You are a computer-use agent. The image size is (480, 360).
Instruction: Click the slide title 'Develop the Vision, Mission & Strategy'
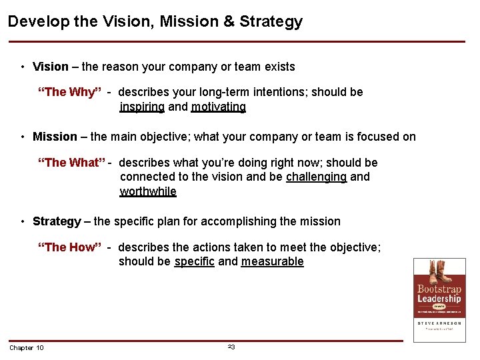(155, 21)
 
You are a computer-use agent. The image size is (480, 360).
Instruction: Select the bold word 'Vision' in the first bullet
(51, 67)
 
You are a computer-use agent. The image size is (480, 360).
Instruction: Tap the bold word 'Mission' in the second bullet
(55, 137)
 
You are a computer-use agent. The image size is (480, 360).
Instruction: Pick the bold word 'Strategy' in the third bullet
(57, 221)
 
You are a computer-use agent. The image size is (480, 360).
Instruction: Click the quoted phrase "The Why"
(69, 92)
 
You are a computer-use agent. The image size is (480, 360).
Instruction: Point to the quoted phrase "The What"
(73, 163)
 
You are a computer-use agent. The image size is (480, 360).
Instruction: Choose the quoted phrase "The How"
(69, 247)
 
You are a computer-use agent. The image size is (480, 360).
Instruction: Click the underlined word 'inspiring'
(142, 107)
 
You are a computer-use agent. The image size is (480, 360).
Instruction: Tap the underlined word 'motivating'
(219, 107)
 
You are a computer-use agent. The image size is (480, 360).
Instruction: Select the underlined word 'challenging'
(316, 177)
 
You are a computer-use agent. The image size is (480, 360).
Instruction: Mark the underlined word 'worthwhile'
(148, 191)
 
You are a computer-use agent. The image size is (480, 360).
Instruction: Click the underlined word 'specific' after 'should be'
(194, 261)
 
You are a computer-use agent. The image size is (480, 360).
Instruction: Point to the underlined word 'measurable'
(272, 261)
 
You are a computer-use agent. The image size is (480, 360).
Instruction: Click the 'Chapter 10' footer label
(27, 348)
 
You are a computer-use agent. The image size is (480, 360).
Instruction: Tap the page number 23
(231, 347)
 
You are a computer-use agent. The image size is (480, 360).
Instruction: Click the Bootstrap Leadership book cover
(439, 300)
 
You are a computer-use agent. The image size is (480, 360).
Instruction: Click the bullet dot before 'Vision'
(23, 67)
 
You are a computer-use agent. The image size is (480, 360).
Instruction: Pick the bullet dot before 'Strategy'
(23, 222)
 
